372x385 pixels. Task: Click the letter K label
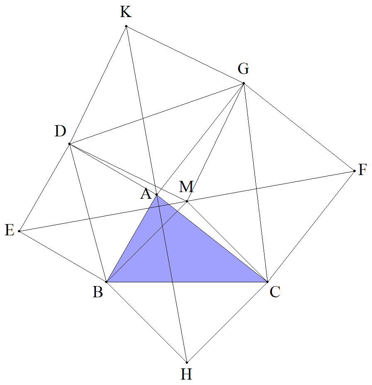126,12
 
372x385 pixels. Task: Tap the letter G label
243,69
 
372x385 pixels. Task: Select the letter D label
60,131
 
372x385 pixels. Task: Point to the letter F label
362,170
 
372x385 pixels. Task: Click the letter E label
10,231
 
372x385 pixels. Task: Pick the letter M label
186,187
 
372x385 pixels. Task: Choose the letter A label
146,194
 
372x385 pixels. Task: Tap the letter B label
98,292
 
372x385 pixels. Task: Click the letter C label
275,292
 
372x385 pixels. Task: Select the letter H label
186,375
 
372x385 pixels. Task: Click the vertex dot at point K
126,26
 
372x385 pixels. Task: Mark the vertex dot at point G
244,83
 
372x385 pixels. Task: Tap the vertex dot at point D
69,144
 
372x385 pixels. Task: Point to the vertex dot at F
355,171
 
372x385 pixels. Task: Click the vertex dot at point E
19,231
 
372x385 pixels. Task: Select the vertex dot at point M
187,201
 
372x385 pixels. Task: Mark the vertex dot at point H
187,363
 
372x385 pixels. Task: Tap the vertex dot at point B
106,282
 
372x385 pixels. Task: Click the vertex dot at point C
267,282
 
